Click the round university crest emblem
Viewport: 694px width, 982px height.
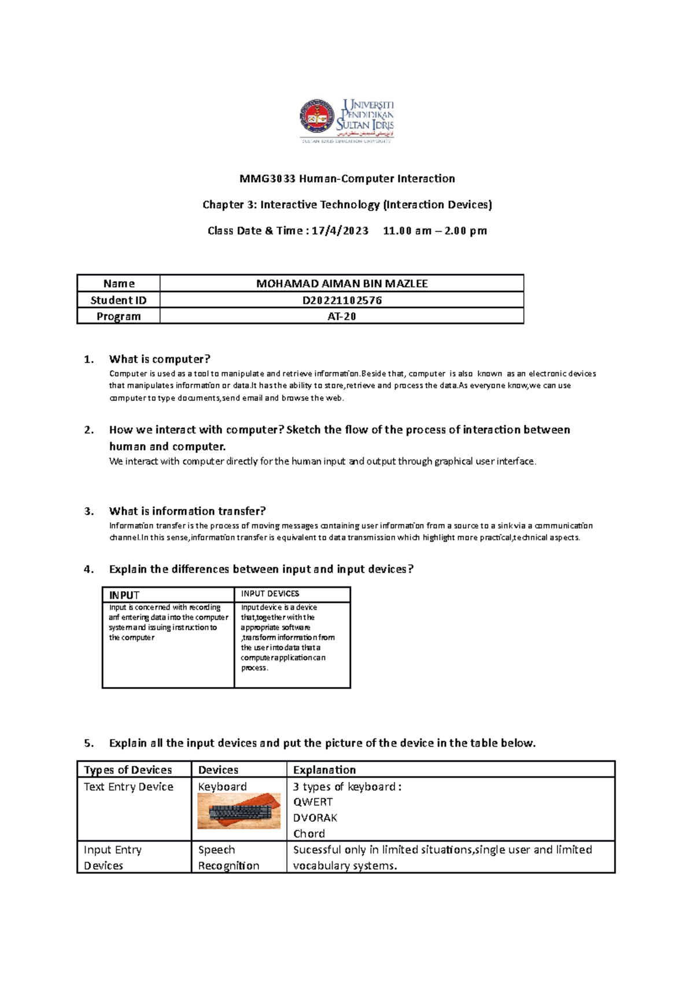(316, 116)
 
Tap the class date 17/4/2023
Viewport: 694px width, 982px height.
(339, 231)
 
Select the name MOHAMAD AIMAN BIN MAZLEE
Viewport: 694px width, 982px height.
(342, 283)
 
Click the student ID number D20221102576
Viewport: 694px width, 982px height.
(342, 300)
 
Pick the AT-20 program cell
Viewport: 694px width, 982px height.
(342, 316)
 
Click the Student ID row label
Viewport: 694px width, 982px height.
(119, 300)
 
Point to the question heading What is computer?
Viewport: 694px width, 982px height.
(160, 359)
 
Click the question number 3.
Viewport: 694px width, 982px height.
(88, 511)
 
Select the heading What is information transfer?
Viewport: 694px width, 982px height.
(187, 511)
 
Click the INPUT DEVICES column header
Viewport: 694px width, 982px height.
(270, 594)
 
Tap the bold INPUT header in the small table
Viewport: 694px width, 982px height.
(124, 595)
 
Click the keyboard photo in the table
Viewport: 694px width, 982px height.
(239, 811)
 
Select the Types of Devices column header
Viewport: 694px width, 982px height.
(128, 770)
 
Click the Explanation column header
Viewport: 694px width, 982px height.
(324, 770)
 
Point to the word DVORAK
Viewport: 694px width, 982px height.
(315, 818)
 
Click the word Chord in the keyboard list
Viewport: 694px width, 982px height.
(309, 833)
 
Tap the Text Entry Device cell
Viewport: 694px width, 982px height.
(128, 787)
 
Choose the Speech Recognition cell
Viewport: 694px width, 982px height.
(228, 857)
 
